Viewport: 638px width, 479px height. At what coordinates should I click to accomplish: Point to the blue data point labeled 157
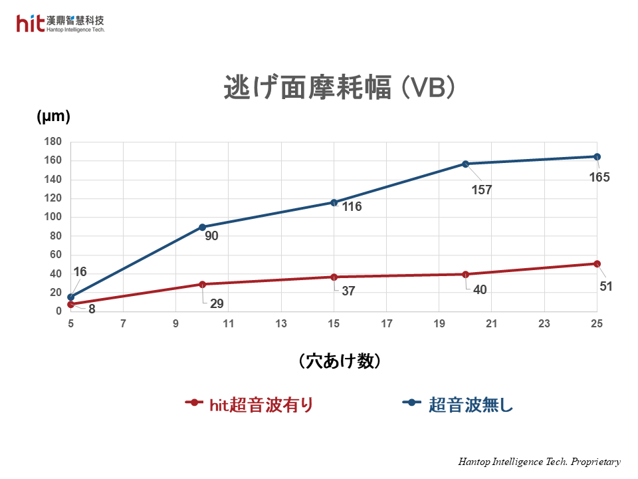465,164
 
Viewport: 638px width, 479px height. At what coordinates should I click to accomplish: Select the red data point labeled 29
202,284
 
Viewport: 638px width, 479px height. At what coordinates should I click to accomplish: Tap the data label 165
599,178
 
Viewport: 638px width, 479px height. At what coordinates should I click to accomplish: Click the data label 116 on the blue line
352,207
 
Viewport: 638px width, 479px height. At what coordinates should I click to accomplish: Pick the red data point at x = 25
597,263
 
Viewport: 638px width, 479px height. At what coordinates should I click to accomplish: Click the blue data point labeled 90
202,227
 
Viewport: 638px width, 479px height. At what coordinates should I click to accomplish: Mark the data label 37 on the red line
348,291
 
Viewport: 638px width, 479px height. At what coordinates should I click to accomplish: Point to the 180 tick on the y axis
53,142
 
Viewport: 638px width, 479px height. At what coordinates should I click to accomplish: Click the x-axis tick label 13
281,324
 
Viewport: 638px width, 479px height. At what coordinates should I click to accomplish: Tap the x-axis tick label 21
492,324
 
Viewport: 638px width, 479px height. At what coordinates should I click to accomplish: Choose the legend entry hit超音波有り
249,404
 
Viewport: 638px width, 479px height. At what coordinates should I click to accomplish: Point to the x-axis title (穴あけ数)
340,361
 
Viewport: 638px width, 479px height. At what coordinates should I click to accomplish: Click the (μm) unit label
53,116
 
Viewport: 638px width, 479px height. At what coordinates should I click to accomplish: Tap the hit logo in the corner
31,24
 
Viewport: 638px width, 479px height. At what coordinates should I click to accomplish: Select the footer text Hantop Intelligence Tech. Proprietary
539,462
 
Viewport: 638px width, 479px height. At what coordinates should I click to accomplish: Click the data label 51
605,287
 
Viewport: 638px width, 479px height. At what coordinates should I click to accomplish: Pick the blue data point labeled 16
70,297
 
